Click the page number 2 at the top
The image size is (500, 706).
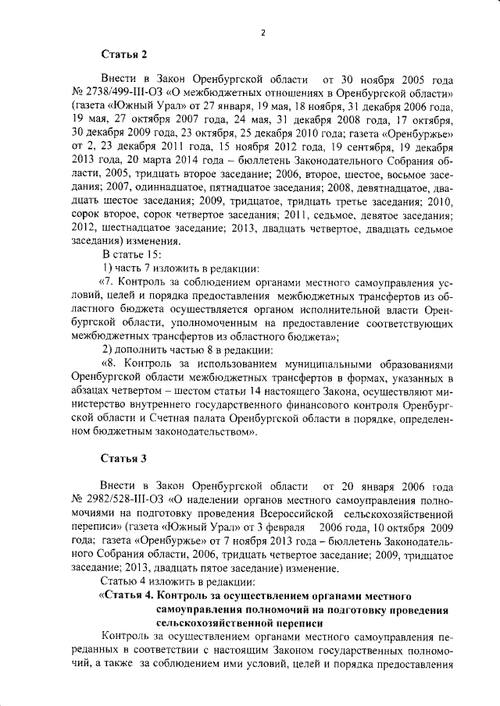pyautogui.click(x=263, y=32)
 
